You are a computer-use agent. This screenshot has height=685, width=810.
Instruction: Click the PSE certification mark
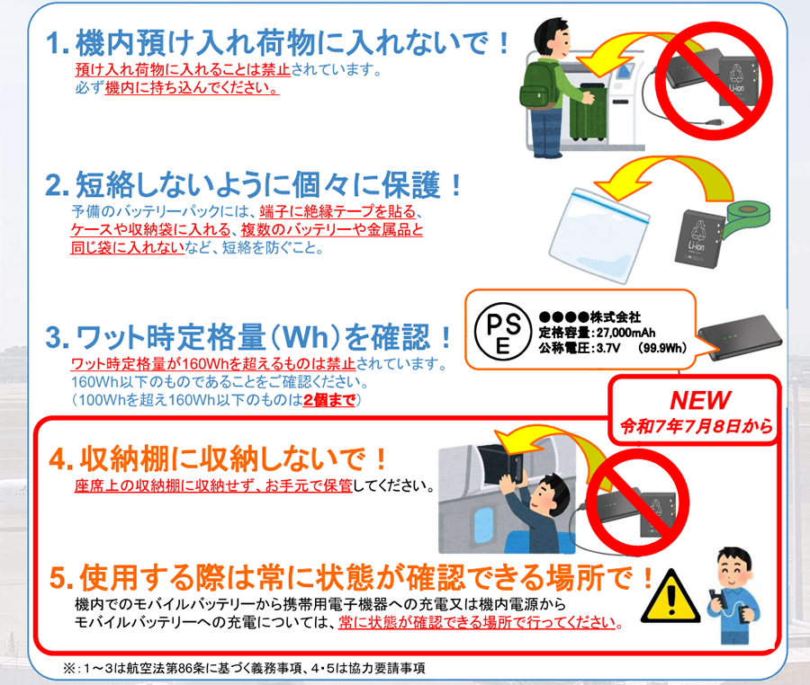(x=502, y=331)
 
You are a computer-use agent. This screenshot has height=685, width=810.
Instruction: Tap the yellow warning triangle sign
(x=670, y=597)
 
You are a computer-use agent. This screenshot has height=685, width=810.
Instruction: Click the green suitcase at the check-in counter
(x=589, y=112)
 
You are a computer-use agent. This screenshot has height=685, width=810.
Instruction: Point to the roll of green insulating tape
(x=746, y=217)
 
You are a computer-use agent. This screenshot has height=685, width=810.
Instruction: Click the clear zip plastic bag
(x=598, y=236)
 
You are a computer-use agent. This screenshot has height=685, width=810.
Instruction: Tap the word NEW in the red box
(x=700, y=400)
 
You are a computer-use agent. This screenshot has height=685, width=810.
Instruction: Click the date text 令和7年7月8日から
(x=697, y=426)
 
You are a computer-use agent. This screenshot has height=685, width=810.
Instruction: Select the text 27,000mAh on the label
(x=625, y=333)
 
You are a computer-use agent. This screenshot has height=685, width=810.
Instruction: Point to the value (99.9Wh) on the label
(x=662, y=348)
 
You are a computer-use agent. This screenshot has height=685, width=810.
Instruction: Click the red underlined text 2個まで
(x=329, y=400)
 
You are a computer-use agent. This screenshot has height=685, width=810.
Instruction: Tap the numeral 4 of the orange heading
(x=58, y=458)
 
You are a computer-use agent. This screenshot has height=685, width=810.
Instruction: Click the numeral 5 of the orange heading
(x=58, y=578)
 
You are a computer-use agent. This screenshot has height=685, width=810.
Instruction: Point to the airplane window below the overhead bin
(x=483, y=525)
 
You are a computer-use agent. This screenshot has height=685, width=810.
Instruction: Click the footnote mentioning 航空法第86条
(x=244, y=668)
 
